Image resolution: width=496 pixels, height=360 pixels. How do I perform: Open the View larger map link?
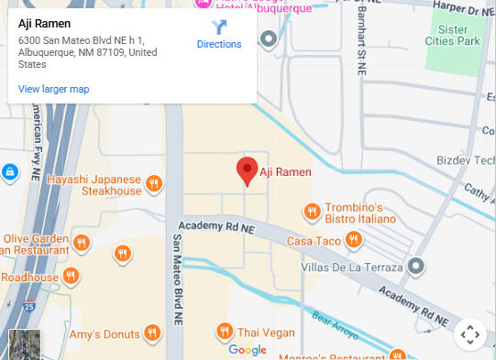click(54, 89)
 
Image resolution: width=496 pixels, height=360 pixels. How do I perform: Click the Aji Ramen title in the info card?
click(45, 23)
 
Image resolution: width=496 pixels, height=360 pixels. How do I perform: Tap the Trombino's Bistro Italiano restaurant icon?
click(312, 213)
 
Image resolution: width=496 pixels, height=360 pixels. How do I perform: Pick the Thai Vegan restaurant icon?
click(224, 332)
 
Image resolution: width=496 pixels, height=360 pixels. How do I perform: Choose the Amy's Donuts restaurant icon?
click(153, 333)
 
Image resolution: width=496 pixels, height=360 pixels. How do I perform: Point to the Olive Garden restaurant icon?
click(83, 244)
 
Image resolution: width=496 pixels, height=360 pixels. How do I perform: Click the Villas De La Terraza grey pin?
click(416, 267)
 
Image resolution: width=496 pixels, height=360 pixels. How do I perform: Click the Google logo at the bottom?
click(248, 350)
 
